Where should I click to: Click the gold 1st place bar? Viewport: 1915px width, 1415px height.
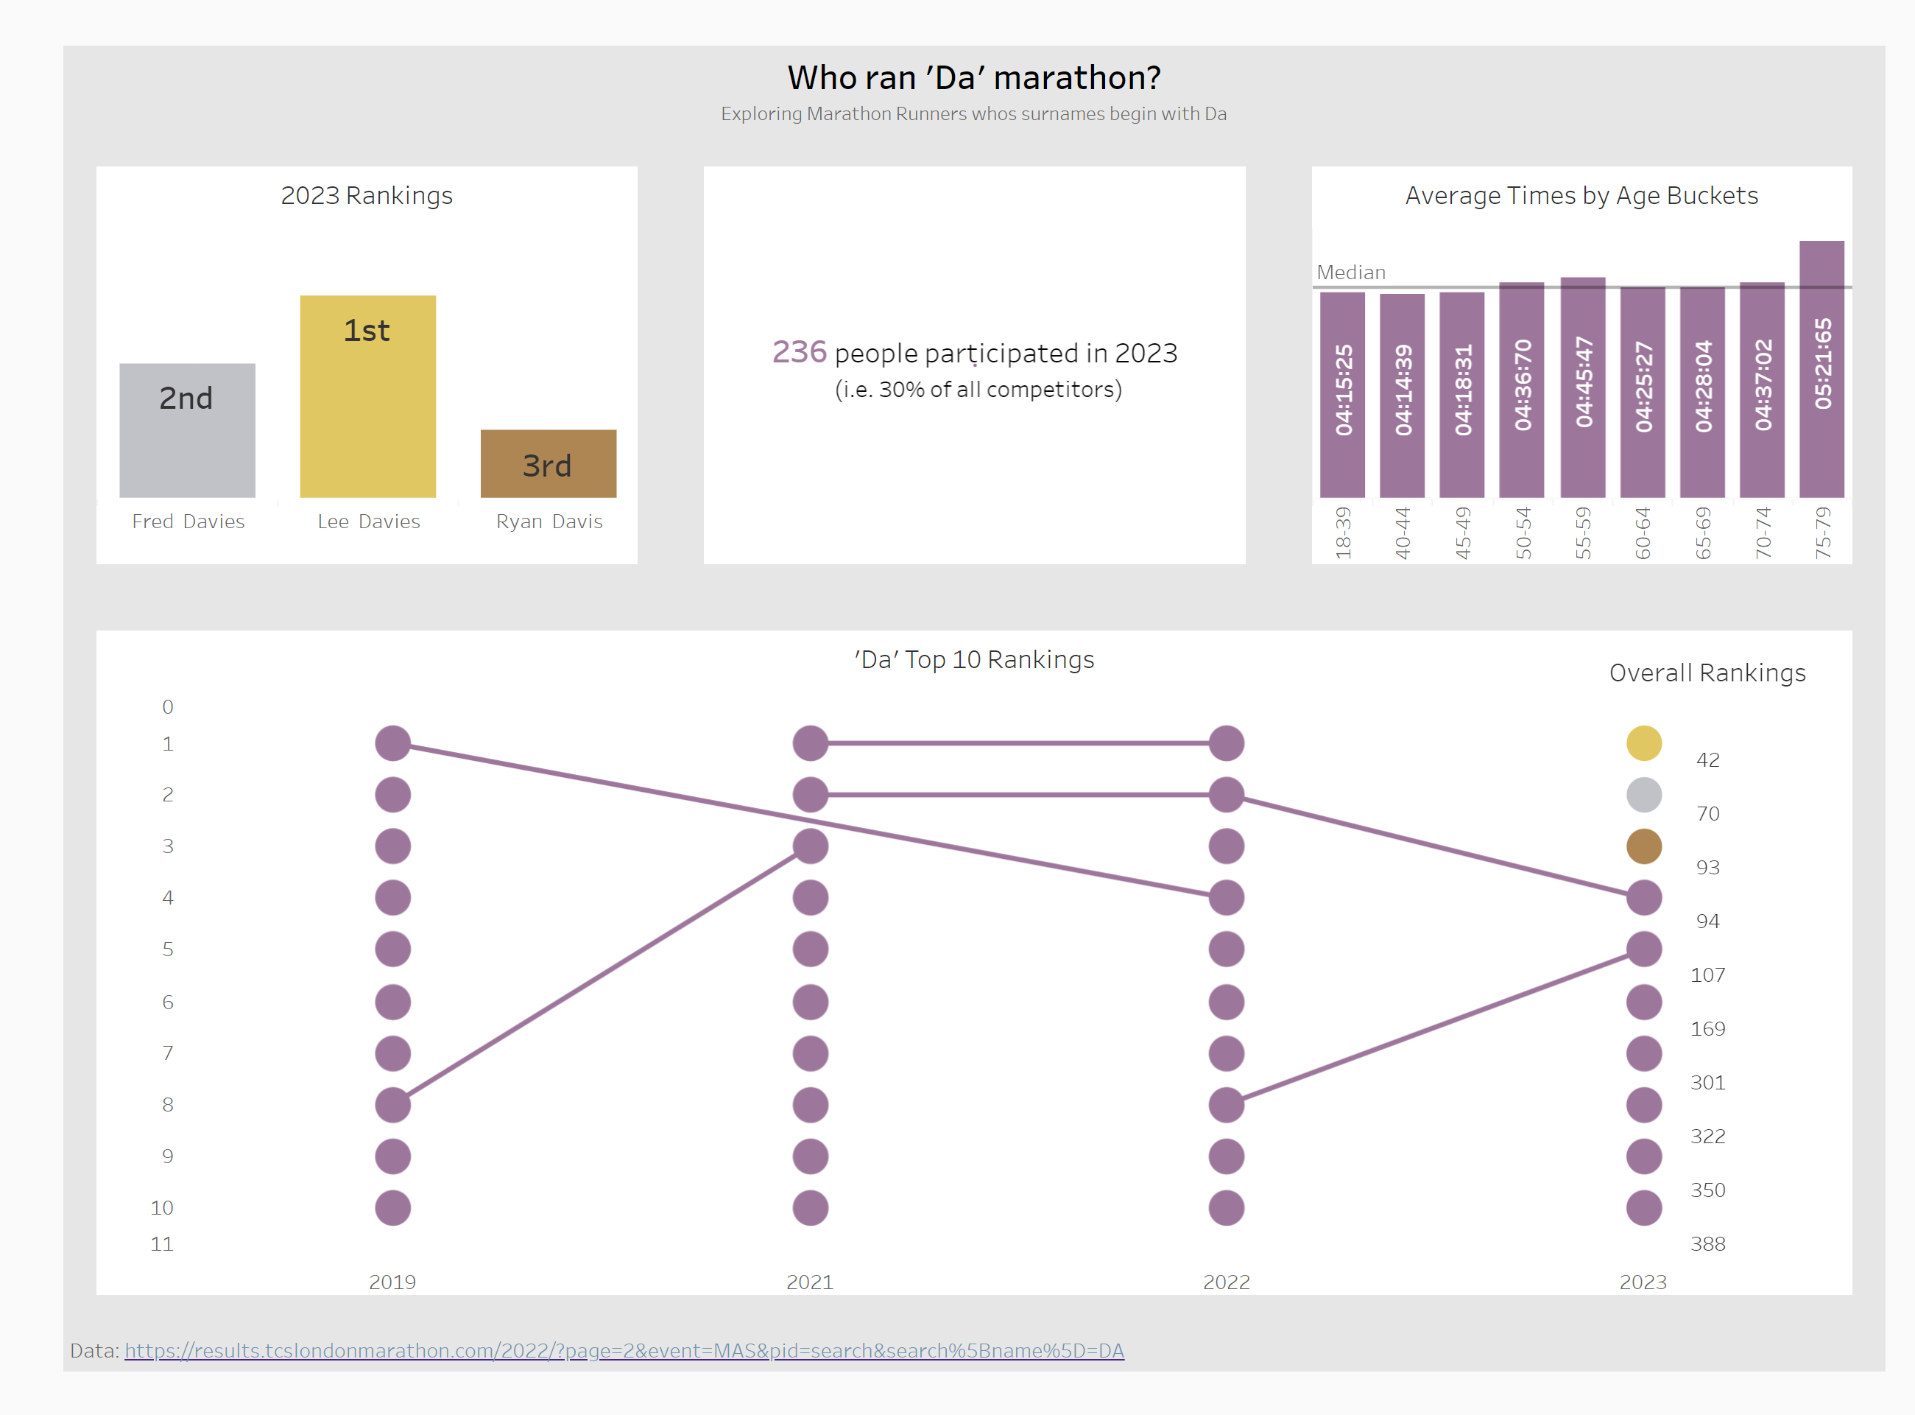[367, 396]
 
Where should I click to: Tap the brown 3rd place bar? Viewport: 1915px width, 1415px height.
[548, 463]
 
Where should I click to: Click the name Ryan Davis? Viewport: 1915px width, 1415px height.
[549, 522]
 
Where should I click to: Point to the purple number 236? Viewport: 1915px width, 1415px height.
[799, 352]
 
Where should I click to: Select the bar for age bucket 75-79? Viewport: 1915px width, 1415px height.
[1821, 368]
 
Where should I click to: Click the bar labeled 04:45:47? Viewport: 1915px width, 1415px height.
[1582, 387]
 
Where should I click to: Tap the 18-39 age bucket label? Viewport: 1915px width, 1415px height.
[1343, 533]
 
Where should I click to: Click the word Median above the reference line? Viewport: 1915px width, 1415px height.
[1350, 273]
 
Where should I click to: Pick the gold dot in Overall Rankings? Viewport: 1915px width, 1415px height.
[1643, 743]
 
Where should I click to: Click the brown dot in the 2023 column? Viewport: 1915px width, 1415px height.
[1643, 846]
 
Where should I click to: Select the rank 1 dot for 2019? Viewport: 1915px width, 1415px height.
[393, 743]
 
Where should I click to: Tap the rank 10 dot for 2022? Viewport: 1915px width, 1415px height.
[1226, 1208]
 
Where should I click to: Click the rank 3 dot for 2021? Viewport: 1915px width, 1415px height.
[810, 846]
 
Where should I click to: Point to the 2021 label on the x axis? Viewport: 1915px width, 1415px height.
[809, 1282]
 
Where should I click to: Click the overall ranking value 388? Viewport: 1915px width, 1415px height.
[1707, 1243]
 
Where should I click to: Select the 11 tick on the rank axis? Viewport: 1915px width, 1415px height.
[162, 1243]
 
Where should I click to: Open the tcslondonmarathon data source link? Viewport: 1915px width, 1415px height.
[624, 1351]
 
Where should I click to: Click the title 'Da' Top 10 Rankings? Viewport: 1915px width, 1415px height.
[973, 659]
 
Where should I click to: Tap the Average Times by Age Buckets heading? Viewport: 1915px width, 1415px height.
[1581, 195]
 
